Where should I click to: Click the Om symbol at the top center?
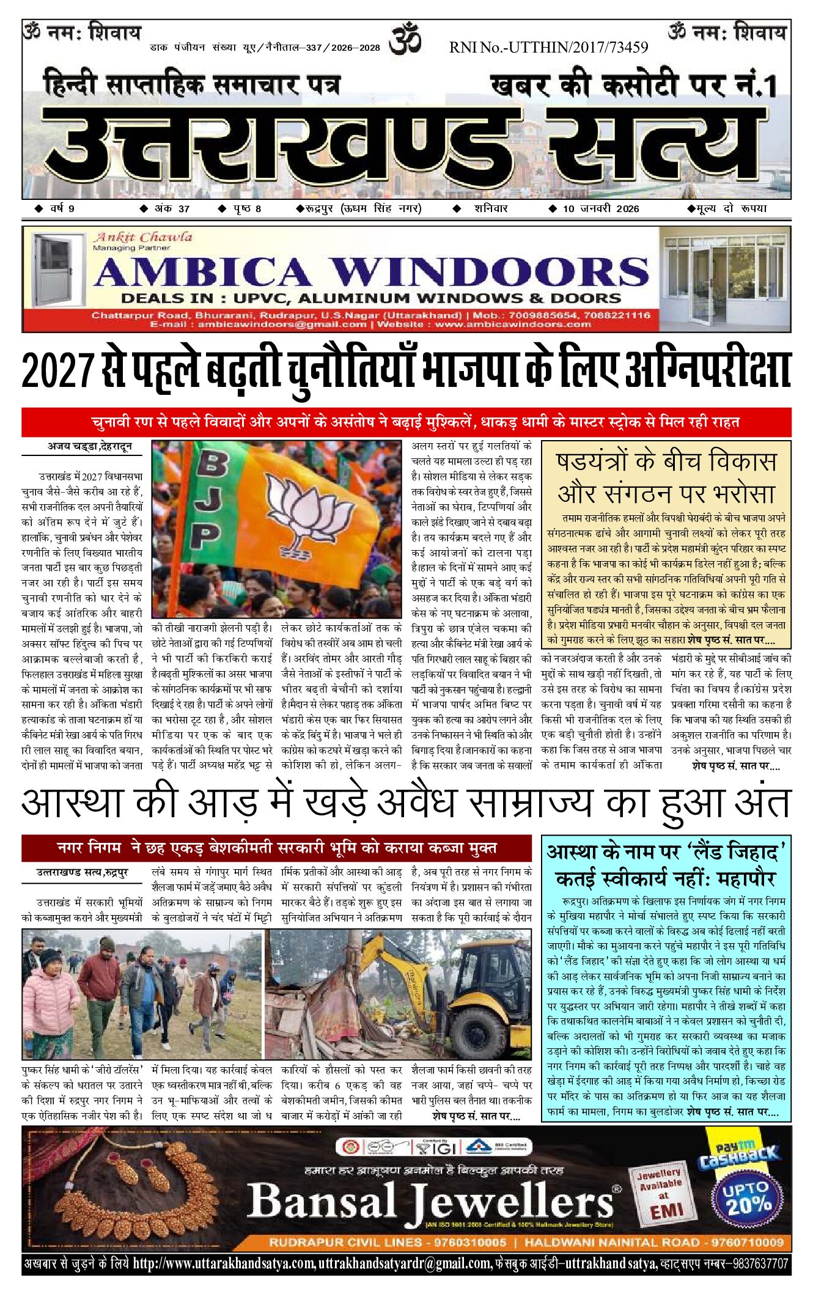coord(406,39)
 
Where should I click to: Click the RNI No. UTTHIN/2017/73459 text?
coord(548,47)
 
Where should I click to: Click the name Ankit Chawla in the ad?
coord(142,237)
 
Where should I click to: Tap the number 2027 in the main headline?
coord(58,372)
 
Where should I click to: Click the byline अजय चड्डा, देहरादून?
coord(89,447)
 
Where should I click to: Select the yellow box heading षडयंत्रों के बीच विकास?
coord(666,461)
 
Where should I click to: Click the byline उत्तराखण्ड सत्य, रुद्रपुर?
coord(82,873)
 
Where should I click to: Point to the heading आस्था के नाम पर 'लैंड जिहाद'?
coord(666,852)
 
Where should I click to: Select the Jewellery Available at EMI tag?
coord(659,1192)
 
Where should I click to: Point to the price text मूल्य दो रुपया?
coord(727,208)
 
